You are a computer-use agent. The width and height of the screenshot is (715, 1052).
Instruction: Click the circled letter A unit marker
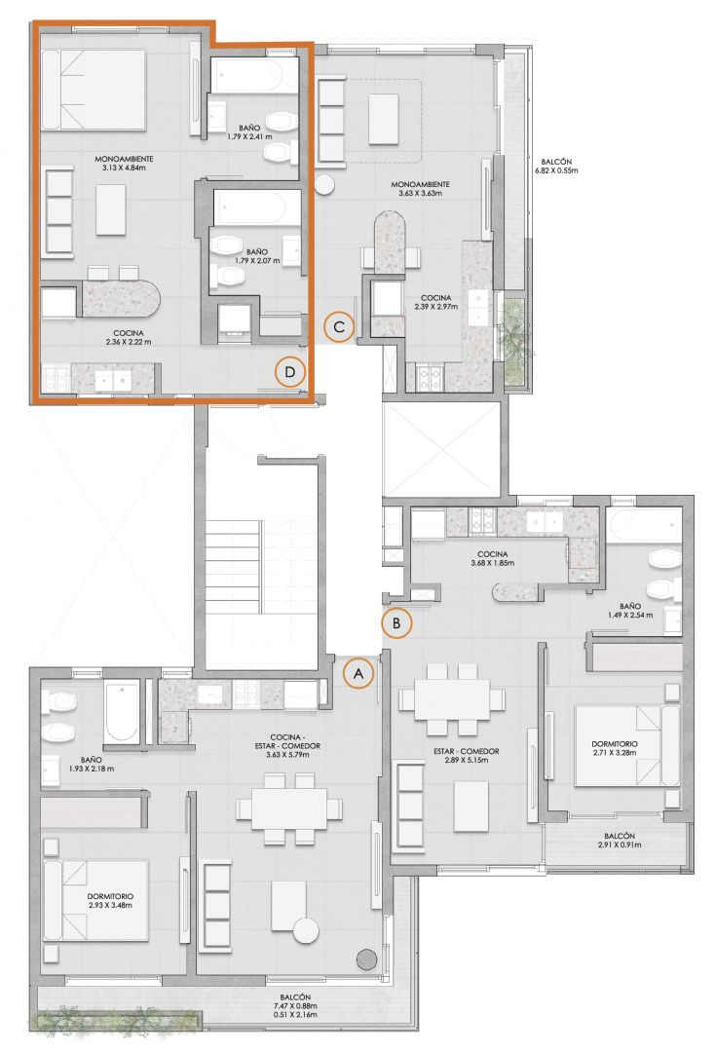pos(358,673)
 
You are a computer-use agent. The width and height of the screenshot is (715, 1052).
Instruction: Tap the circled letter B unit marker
pos(396,622)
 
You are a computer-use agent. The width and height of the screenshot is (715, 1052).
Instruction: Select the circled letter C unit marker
pos(339,326)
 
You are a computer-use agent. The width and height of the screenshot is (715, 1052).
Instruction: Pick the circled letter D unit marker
pos(289,372)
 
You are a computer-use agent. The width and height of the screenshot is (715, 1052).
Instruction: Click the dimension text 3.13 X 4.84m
pos(124,168)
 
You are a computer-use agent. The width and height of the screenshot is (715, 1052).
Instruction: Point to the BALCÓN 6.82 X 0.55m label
pos(556,166)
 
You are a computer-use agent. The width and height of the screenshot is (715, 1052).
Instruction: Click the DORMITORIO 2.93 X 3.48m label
pos(110,900)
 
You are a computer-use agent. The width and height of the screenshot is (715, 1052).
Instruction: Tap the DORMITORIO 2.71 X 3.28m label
pos(615,748)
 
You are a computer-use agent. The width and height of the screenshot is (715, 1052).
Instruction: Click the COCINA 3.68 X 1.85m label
pos(492,558)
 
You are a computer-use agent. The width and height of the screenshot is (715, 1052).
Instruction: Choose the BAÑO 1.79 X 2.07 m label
pos(257,255)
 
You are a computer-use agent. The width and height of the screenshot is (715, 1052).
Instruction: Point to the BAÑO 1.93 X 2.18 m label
pos(91,765)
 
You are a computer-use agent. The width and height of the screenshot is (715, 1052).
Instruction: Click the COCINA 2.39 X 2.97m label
pos(436,302)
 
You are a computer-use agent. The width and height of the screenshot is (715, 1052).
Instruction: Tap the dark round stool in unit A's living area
pos(366,958)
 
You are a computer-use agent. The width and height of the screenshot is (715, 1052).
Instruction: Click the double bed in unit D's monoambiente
pos(94,90)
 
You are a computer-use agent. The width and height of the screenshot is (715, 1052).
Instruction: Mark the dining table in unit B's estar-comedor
pos(451,699)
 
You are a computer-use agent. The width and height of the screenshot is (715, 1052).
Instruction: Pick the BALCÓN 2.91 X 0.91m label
pos(620,840)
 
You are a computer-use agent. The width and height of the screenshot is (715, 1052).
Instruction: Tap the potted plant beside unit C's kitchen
pos(514,339)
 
